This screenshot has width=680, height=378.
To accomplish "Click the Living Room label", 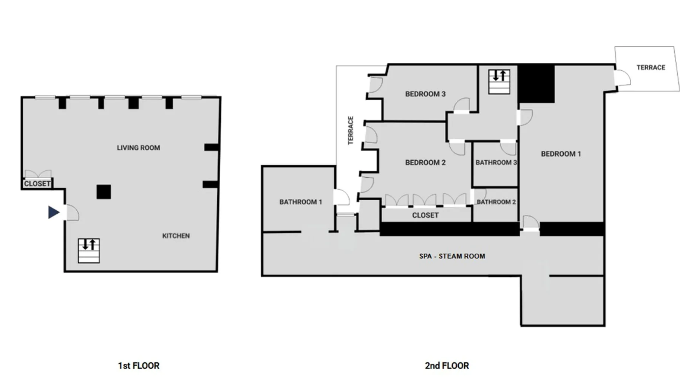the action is point(138,148).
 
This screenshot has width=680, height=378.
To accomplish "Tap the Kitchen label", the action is point(176,236).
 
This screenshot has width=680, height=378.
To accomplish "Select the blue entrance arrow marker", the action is point(54,212).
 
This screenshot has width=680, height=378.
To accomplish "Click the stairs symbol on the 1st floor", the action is point(89,251).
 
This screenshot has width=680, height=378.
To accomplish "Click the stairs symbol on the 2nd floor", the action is point(499,82).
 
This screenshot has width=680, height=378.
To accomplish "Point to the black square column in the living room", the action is point(104,192).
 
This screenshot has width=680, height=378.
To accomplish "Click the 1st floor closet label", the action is point(37,184).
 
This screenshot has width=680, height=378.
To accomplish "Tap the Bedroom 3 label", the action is point(425,94).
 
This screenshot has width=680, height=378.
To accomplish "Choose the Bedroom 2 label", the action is point(425,163).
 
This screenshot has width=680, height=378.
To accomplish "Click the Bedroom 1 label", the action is point(561,154).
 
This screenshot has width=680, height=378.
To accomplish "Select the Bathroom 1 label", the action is point(301,202).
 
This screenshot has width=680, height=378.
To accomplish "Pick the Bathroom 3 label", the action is point(496,163).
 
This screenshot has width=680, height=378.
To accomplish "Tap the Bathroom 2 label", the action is point(496,202).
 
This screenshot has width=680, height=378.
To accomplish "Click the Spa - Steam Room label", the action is point(452,256).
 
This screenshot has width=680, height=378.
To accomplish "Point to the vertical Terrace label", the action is point(351,130).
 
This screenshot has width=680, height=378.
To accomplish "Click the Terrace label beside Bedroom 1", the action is point(651,68).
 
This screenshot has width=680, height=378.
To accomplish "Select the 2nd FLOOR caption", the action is point(447,366).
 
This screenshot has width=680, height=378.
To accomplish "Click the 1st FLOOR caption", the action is point(139,366).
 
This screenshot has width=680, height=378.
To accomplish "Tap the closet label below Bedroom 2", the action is point(425,215).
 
